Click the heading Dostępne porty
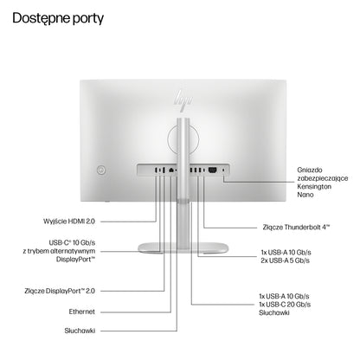58,19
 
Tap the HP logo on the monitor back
183,100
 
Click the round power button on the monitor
101,170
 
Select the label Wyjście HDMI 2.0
69,222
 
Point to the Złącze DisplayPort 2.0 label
60,291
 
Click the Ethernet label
82,312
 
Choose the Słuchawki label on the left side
80,331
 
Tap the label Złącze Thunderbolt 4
296,228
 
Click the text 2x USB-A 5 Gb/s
286,260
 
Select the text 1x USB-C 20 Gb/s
285,305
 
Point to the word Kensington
314,187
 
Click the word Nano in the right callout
305,195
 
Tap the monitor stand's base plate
183,248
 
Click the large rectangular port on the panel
213,170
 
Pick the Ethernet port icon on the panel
171,170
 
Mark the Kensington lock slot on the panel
223,170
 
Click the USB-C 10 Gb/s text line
72,242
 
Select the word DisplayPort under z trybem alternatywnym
75,260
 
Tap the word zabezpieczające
323,178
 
